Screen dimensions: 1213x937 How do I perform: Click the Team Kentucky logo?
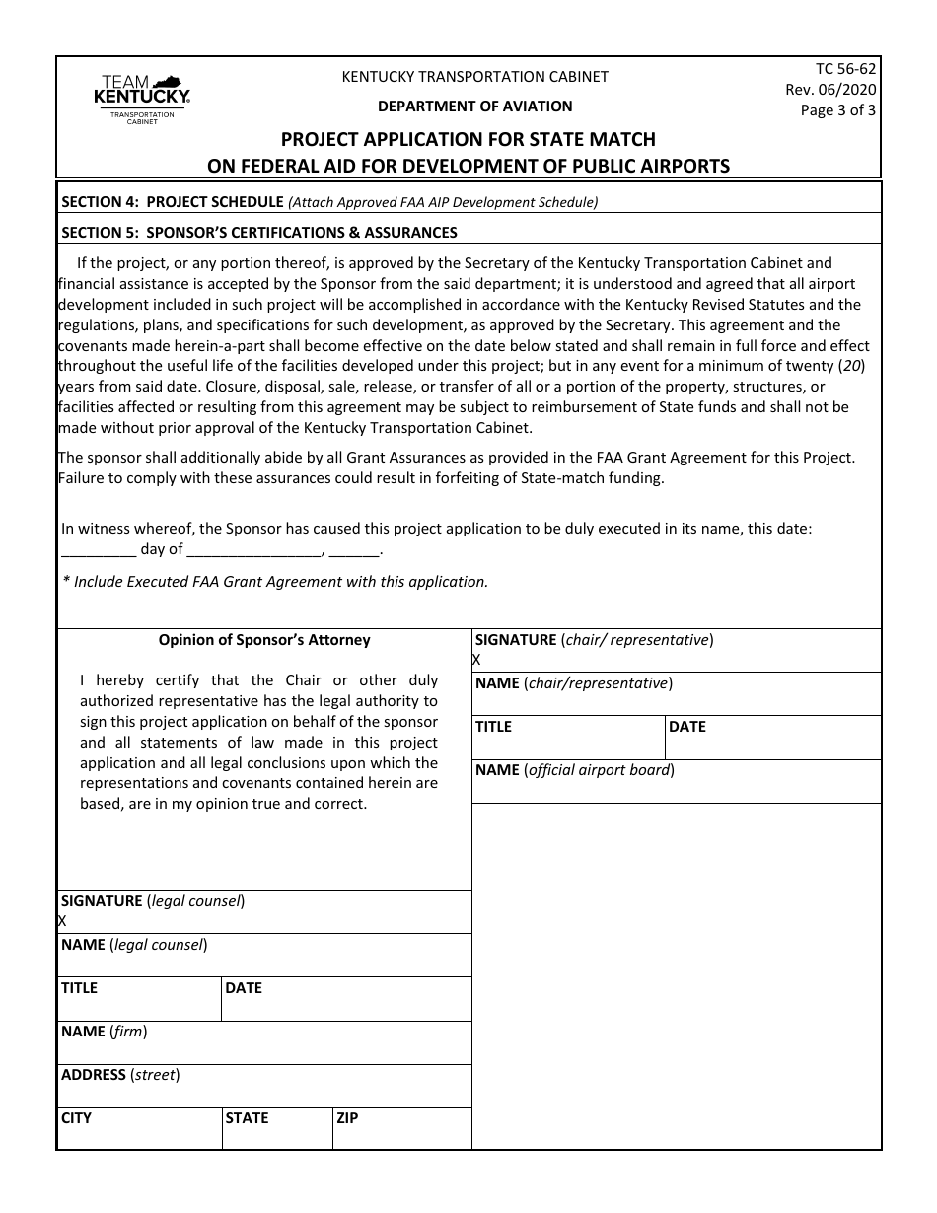tap(141, 100)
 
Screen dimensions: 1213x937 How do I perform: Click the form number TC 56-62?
tap(845, 69)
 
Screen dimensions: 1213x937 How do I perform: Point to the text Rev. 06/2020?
tap(829, 90)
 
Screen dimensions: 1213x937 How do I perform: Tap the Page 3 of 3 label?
tap(837, 110)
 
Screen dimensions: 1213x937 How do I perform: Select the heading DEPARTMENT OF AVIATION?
tap(474, 107)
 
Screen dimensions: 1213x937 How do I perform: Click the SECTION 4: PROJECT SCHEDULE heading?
tap(173, 202)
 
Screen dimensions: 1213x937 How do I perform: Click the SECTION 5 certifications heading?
tap(259, 233)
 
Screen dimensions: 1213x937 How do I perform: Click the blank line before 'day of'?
tap(98, 550)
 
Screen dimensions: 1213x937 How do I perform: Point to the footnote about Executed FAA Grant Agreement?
tap(275, 581)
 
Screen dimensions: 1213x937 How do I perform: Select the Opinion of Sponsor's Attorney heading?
tap(264, 640)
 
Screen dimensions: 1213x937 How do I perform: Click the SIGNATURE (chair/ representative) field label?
tap(594, 640)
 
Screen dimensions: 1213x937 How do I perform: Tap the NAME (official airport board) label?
tap(575, 770)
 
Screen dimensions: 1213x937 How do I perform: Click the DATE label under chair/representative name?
tap(687, 727)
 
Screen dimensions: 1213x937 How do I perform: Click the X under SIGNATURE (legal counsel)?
tap(62, 921)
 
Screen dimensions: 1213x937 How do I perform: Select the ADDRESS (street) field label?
tap(120, 1075)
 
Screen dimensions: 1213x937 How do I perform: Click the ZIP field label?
tap(347, 1118)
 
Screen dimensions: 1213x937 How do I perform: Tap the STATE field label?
tap(247, 1118)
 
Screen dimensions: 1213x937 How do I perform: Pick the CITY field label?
tap(76, 1118)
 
